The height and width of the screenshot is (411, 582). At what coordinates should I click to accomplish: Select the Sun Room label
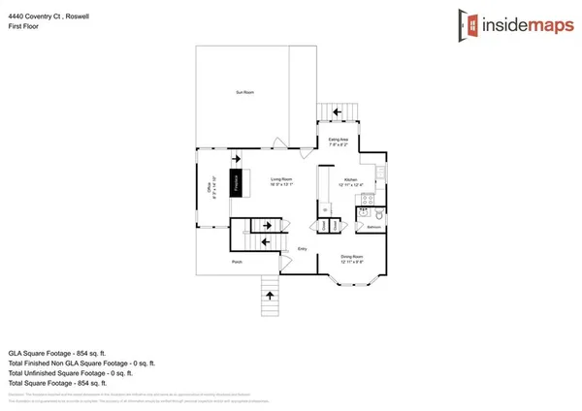click(244, 92)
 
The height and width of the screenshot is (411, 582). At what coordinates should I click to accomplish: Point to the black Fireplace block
click(235, 183)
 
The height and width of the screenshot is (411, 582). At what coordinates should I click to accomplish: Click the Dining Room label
click(352, 259)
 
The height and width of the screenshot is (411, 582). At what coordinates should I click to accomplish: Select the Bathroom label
click(374, 229)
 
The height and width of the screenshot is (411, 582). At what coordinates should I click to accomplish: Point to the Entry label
click(303, 248)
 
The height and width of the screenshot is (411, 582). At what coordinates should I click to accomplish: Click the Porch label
click(236, 262)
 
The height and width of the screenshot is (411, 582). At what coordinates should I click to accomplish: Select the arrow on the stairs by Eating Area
click(338, 112)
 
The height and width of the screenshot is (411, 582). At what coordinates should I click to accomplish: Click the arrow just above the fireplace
click(235, 159)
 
